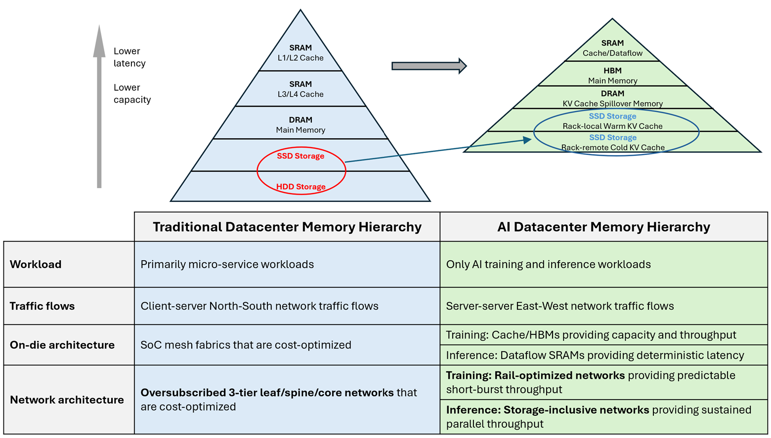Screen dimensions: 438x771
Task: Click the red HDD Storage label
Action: (x=300, y=187)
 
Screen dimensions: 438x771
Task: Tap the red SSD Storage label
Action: (x=300, y=156)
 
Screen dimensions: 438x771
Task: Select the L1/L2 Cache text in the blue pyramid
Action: (x=300, y=58)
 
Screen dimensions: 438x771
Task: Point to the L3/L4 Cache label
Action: (x=300, y=94)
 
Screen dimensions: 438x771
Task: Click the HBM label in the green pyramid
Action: (x=612, y=71)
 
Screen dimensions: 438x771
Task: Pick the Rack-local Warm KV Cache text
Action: (x=612, y=126)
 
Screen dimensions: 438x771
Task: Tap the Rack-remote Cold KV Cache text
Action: (x=612, y=147)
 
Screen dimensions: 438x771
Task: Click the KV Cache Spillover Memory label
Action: (x=612, y=104)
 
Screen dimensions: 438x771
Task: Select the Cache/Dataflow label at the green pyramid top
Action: (x=612, y=53)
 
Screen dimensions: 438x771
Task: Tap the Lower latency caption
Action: (x=129, y=57)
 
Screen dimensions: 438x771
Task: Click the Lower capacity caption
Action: (x=132, y=93)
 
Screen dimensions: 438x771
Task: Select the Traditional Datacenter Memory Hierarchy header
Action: (x=287, y=227)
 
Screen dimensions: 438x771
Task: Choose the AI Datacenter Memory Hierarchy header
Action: (x=603, y=227)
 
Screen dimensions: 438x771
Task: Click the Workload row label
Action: (x=36, y=264)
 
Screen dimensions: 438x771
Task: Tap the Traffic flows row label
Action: (x=42, y=306)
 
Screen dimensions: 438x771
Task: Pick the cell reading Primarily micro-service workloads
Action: (x=227, y=264)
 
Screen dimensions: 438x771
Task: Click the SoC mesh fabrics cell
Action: (x=246, y=345)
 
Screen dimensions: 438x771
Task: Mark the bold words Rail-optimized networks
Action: (x=559, y=375)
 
